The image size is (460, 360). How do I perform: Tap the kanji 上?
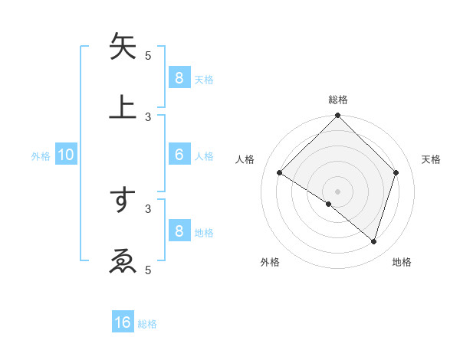(x=123, y=106)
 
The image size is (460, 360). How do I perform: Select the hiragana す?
(x=123, y=199)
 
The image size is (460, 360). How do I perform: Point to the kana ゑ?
(x=123, y=260)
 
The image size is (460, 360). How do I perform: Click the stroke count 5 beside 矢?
(x=148, y=55)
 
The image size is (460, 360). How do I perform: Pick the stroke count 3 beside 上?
(x=148, y=116)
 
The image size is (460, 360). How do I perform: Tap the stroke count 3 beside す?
(x=148, y=208)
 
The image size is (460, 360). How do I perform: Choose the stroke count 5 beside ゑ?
(x=148, y=270)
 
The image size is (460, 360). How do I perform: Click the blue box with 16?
(x=123, y=322)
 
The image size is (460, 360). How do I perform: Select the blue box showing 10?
(x=66, y=155)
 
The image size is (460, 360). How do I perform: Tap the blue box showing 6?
(x=179, y=155)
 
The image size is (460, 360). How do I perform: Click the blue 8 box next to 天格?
(x=179, y=77)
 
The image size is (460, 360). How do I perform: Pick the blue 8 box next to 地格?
(x=179, y=231)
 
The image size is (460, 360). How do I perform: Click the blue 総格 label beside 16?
(x=148, y=324)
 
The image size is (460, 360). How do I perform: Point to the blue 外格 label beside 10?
(x=41, y=155)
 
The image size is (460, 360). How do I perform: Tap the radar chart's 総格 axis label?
(x=338, y=100)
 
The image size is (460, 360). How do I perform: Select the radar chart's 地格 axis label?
(x=402, y=262)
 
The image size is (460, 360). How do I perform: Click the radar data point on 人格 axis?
(x=280, y=173)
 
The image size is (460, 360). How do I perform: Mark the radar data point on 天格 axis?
(x=396, y=172)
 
